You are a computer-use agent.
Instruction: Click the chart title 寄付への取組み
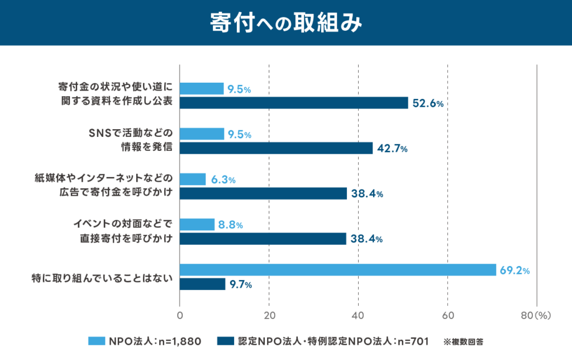coord(285,23)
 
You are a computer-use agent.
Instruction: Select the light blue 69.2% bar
coord(338,270)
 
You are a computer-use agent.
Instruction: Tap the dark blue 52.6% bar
coord(294,103)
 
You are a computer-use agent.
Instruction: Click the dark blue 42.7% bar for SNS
coord(276,148)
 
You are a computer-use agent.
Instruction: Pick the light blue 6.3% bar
coord(193,179)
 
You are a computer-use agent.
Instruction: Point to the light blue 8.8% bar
coord(197,225)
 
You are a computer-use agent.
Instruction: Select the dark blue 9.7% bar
coord(202,284)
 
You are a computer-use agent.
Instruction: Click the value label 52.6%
coord(427,103)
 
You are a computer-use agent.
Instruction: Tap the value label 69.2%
coord(514,271)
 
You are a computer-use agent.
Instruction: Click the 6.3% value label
coord(223,180)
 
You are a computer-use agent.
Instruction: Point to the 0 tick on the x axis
coord(180,316)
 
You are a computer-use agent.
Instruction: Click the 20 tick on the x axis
coord(269,316)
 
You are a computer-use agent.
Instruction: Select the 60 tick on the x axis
coord(447,316)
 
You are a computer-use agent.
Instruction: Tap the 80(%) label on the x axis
coord(536,316)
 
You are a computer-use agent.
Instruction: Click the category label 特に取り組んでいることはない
coord(101,277)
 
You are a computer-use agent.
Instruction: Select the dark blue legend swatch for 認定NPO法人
coord(225,340)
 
